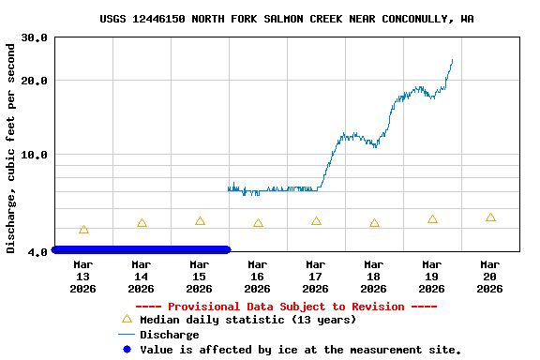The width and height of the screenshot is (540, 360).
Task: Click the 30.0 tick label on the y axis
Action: point(35,37)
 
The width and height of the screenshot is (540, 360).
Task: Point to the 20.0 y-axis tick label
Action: point(35,81)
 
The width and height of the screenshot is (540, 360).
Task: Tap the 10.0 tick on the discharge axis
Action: point(35,155)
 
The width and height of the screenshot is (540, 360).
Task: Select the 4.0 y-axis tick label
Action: point(38,252)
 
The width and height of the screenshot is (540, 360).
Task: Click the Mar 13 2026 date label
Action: point(82,277)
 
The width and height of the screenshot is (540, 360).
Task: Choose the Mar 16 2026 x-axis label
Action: point(257,277)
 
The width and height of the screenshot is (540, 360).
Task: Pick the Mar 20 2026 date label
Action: point(489,277)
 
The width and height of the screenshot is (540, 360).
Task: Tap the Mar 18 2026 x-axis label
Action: point(373,277)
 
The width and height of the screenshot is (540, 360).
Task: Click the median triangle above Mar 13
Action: point(83,230)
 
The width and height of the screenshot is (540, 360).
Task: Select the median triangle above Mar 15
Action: point(200,221)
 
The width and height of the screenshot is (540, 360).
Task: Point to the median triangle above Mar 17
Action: point(316,221)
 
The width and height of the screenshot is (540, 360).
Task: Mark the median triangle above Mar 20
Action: point(490,217)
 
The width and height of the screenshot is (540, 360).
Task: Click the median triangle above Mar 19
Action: point(432,219)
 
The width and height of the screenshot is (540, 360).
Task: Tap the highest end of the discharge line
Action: point(452,60)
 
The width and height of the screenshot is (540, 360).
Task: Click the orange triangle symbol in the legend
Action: point(127,319)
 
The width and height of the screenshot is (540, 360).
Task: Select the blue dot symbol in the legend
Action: point(127,350)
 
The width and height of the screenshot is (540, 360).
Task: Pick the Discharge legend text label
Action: point(169,335)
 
